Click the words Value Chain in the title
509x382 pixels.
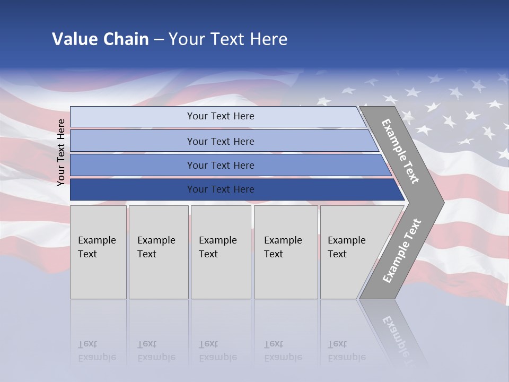tap(100, 39)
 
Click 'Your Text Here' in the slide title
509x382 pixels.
tap(228, 39)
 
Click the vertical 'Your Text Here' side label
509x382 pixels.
tap(61, 152)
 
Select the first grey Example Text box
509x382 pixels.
tap(98, 252)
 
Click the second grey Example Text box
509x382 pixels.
tap(158, 252)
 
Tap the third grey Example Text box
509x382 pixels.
tap(221, 252)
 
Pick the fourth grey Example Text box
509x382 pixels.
tap(285, 252)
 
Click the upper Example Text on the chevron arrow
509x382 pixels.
tap(400, 151)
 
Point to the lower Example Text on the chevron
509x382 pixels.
tap(402, 251)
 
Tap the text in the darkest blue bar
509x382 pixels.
tap(221, 189)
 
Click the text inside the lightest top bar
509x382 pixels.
tap(221, 116)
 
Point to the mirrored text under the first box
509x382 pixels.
tap(96, 351)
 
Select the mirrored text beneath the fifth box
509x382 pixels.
tap(347, 351)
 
